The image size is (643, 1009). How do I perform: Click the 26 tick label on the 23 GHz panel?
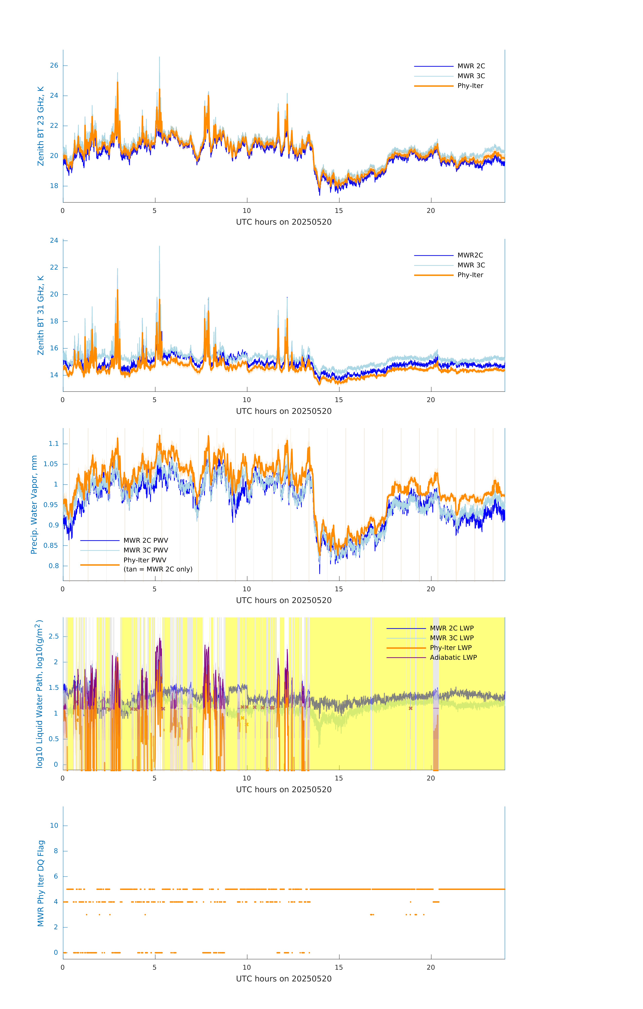54,65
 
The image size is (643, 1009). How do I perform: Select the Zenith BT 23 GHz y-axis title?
41,126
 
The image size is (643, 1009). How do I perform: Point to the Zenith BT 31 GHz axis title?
41,315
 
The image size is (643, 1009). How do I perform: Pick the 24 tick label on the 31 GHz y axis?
54,240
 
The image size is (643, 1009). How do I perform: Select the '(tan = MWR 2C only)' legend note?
158,569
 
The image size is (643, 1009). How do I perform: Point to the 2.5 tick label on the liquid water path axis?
54,636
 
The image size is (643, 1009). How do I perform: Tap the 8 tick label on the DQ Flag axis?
56,851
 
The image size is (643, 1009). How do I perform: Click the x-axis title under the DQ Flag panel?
284,979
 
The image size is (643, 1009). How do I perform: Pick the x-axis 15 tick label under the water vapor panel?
338,589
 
